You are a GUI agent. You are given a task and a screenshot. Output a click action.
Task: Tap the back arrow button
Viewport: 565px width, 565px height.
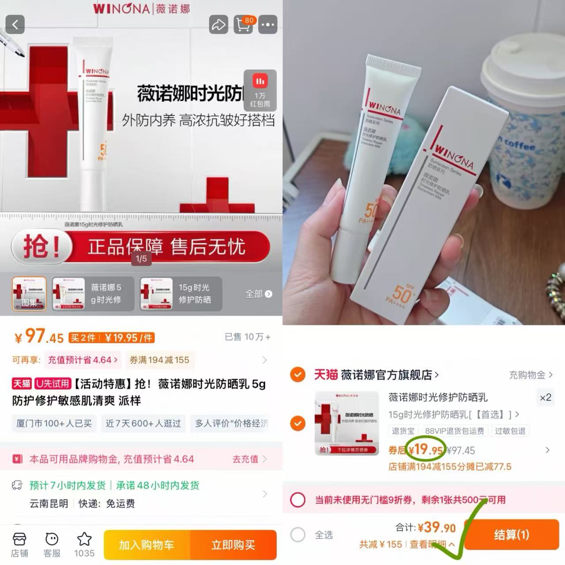pyautogui.click(x=15, y=25)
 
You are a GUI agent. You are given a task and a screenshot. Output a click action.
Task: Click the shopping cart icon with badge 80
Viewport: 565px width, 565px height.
pyautogui.click(x=243, y=25)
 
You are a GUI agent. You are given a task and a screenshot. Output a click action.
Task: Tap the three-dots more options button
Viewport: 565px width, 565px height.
pyautogui.click(x=267, y=25)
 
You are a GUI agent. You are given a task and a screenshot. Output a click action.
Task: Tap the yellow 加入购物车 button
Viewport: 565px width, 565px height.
pyautogui.click(x=147, y=545)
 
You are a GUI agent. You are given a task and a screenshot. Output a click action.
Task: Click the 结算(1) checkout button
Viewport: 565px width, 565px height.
pyautogui.click(x=511, y=535)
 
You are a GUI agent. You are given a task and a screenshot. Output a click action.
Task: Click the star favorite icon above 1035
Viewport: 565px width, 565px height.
pyautogui.click(x=84, y=539)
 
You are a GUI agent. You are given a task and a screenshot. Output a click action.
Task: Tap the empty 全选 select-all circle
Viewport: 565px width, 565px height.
pyautogui.click(x=298, y=535)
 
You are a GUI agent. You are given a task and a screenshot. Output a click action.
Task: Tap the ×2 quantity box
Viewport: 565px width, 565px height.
pyautogui.click(x=546, y=397)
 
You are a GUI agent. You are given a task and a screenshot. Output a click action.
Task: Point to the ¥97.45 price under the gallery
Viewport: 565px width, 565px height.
pyautogui.click(x=40, y=337)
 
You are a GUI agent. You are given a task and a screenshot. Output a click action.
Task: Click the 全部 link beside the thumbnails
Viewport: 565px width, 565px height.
pyautogui.click(x=258, y=294)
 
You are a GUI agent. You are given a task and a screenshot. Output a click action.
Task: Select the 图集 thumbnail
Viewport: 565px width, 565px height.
pyautogui.click(x=29, y=294)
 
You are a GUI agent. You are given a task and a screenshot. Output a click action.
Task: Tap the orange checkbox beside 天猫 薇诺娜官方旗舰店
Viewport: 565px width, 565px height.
pyautogui.click(x=298, y=375)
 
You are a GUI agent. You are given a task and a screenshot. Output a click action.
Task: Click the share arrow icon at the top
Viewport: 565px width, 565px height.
pyautogui.click(x=218, y=25)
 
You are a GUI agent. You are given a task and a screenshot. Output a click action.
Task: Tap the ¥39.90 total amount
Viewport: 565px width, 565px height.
pyautogui.click(x=437, y=527)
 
